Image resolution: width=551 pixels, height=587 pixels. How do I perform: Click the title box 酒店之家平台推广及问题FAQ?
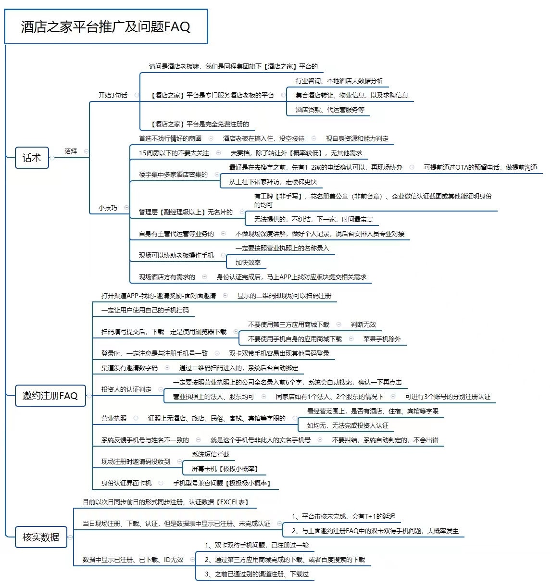coord(106,26)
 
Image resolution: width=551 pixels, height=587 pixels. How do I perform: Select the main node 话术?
coord(32,158)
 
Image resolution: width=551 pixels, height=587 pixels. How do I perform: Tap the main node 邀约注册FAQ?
coord(50,396)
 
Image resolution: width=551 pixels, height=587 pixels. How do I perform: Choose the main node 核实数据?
coord(41,537)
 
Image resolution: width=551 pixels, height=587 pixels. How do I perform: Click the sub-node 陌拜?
coord(71,151)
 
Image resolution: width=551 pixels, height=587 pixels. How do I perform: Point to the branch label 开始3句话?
coord(113,95)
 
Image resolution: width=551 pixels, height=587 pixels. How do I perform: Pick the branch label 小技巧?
coord(108,208)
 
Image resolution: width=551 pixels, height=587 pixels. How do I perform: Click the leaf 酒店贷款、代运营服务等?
coord(330,110)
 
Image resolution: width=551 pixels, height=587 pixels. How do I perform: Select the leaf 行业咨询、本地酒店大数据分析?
coord(339,81)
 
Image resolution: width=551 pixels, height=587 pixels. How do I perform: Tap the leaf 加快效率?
coord(248,262)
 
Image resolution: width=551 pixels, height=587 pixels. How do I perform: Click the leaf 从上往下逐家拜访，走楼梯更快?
coord(273,182)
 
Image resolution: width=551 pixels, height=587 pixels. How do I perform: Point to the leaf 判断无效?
coord(363,325)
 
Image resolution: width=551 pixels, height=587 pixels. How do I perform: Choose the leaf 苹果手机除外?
coord(382,339)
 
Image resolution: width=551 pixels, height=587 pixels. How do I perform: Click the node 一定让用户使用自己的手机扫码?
coord(145,310)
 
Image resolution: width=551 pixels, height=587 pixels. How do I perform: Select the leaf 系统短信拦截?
coord(211,454)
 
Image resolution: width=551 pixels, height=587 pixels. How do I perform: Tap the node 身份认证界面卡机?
coord(126,483)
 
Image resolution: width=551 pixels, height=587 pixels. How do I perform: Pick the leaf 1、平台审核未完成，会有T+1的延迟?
coord(343,516)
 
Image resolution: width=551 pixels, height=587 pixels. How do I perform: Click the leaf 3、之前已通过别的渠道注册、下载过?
coord(257,574)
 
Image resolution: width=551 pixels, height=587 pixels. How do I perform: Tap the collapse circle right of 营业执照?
coord(136,418)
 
